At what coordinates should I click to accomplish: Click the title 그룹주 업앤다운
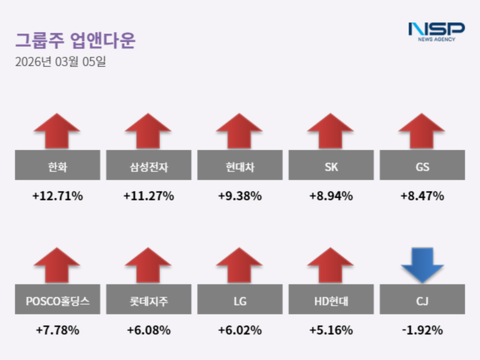pos(75,40)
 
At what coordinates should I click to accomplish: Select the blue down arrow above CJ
pos(422,265)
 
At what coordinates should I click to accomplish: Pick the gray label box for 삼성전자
pos(148,165)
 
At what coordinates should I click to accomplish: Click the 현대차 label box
pos(239,165)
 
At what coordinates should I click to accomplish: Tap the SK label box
pos(331,165)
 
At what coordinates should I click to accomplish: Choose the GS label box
pos(421,165)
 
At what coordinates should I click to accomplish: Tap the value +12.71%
pos(57,196)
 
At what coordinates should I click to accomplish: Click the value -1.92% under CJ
pos(421,330)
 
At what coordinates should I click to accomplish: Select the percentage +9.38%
pos(239,196)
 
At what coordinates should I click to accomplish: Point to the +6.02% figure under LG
pos(239,330)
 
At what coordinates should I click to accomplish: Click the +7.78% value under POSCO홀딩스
pos(57,330)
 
